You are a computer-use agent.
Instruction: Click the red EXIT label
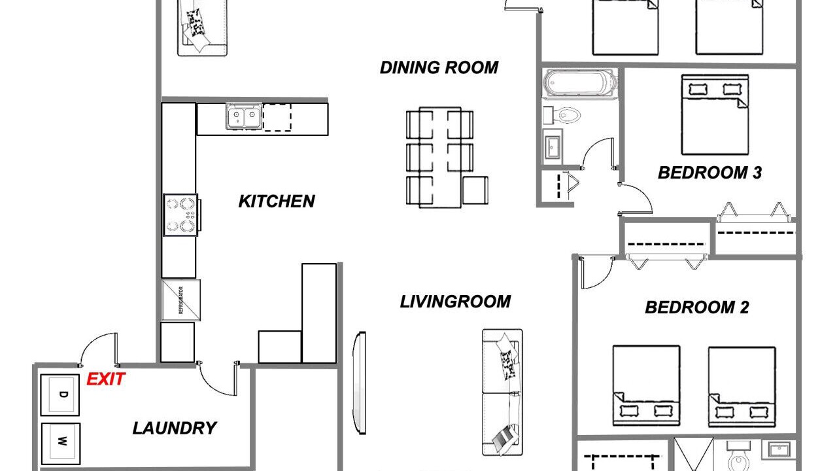pos(106,379)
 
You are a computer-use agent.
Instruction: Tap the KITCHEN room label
pos(277,201)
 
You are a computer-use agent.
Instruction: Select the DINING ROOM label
pos(439,67)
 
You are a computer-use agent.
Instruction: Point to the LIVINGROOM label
pos(455,302)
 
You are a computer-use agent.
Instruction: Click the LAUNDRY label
pos(175,428)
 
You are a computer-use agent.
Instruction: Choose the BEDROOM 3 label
pos(709,173)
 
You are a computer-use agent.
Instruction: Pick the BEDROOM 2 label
pos(697,307)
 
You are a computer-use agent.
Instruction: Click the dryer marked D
pos(60,394)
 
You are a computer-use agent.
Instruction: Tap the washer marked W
pos(61,444)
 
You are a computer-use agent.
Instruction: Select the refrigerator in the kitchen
pos(181,300)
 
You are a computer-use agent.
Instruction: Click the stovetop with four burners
pos(182,215)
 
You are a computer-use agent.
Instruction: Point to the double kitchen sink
pos(244,116)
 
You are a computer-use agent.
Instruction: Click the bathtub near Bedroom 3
pos(579,83)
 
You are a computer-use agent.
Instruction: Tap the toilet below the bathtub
pos(562,115)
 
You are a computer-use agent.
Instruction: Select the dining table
pos(440,157)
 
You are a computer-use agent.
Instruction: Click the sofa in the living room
pos(502,392)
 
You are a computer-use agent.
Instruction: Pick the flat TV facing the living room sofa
pos(359,383)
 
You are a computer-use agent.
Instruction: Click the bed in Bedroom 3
pos(715,114)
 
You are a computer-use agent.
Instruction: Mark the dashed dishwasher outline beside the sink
pos(277,117)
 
